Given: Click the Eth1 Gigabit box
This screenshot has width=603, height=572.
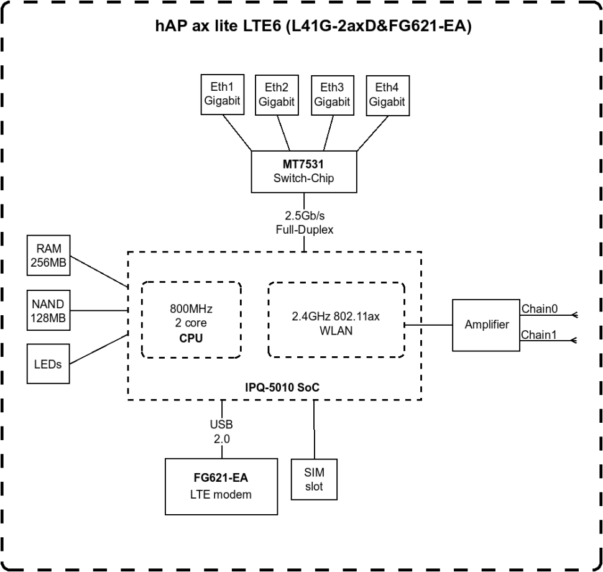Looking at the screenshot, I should (221, 95).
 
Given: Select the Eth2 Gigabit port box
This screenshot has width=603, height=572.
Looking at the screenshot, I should (276, 95).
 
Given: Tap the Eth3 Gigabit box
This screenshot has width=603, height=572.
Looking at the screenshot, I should (331, 95).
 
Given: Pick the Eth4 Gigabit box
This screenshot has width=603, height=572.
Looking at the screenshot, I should (387, 95).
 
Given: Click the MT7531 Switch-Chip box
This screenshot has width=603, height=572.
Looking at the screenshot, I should (303, 171).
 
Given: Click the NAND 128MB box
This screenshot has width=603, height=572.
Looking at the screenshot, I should (48, 311).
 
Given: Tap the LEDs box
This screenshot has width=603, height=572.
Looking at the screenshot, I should (48, 364).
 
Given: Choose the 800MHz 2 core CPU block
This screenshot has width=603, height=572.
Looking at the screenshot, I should (191, 320).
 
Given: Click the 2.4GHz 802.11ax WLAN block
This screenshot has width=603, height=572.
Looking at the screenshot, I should (336, 320).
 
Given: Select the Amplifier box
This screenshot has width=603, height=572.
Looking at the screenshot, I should (486, 325).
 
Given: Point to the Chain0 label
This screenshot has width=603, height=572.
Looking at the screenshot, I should (538, 308).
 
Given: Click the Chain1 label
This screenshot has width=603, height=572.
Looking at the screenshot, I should (538, 335).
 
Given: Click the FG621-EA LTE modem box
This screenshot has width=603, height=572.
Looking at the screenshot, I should (221, 486).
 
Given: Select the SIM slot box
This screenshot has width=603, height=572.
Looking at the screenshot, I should (314, 479).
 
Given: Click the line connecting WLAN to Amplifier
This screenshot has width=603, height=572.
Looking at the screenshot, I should (429, 325).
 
